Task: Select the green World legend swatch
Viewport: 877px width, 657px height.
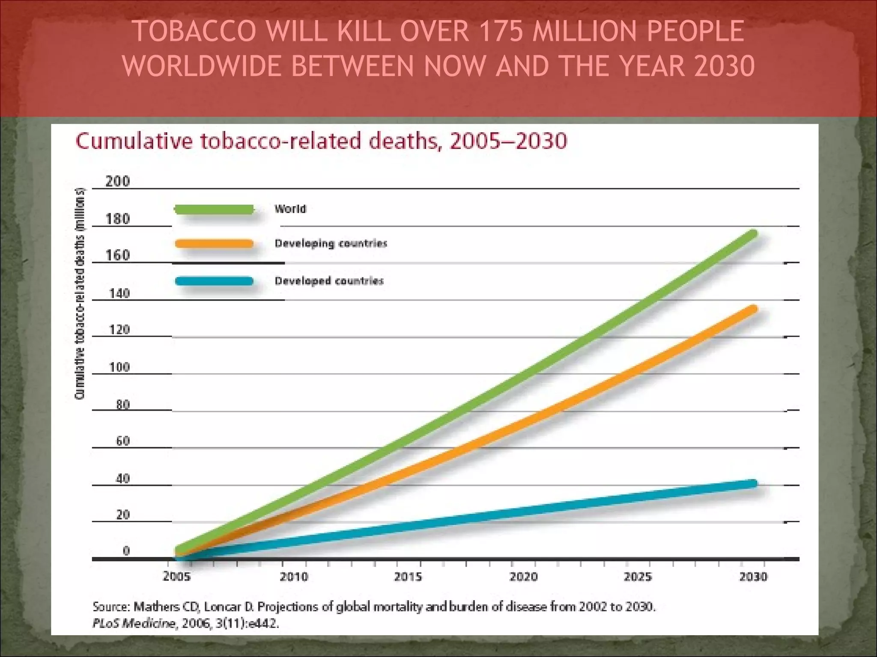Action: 214,209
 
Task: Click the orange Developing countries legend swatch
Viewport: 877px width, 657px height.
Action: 214,244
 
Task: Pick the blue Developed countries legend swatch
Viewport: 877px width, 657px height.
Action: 214,281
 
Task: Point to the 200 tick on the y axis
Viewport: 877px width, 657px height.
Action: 117,181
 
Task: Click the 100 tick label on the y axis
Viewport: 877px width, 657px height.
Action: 119,367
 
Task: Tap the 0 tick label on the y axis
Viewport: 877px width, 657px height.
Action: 126,551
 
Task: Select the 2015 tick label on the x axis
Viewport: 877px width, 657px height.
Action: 408,577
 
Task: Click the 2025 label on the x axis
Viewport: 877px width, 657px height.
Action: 637,577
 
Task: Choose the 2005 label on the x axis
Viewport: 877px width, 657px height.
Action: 176,577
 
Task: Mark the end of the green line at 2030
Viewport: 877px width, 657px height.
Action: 753,234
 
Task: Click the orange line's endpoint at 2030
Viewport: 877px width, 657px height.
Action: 753,309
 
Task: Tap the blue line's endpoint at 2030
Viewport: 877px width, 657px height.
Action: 753,484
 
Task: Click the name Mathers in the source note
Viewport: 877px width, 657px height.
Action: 156,607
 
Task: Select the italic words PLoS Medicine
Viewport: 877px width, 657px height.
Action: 134,624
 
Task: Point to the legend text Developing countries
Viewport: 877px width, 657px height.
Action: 331,243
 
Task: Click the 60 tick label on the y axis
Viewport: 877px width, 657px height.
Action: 122,441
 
